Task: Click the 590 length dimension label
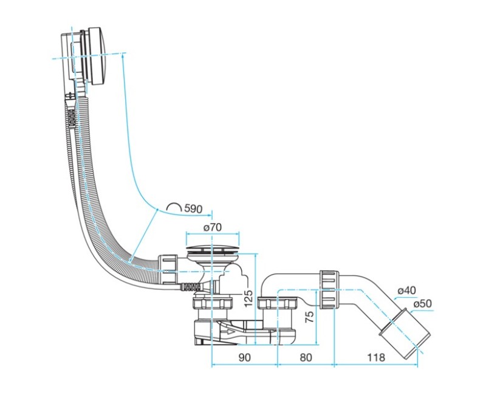(193, 208)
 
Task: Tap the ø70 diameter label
(212, 227)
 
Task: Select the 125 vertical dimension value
(248, 298)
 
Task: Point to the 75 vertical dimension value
(309, 317)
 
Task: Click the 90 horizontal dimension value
(244, 357)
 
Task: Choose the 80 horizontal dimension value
(306, 357)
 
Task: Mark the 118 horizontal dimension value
(376, 357)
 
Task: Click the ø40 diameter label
(406, 290)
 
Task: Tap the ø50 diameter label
(422, 303)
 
